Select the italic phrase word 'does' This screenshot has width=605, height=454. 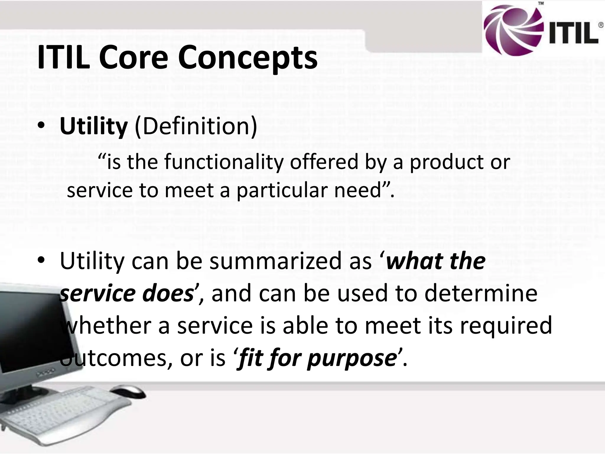point(167,294)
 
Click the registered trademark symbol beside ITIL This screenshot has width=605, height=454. point(601,25)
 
